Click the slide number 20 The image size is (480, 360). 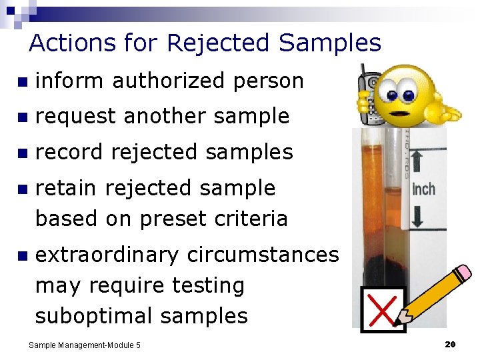[x=449, y=344]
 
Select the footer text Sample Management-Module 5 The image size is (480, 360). [x=85, y=345]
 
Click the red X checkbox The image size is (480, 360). [x=383, y=309]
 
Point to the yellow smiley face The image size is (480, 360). [x=407, y=93]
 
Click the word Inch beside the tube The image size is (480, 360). [x=423, y=189]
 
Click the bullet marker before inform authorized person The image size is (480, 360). [x=22, y=83]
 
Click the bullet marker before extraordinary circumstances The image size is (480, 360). [x=22, y=256]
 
